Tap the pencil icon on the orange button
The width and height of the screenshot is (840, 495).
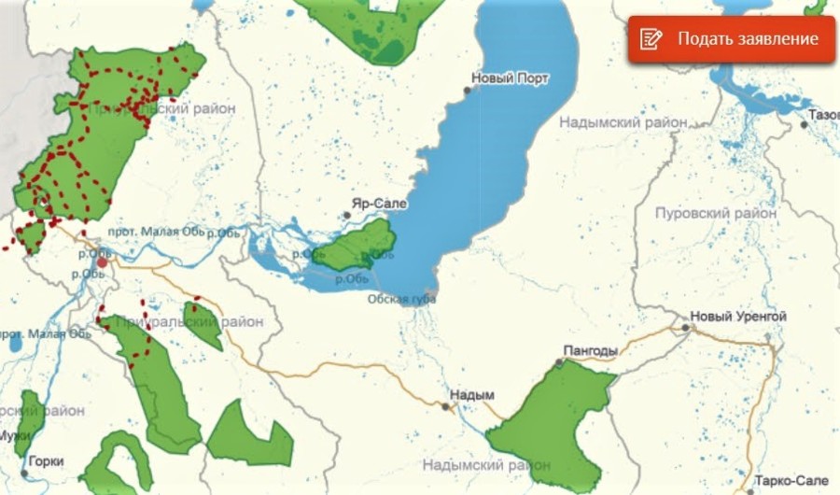tap(651, 39)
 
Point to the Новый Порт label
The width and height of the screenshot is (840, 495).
tap(511, 78)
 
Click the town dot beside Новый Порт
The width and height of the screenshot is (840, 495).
tap(469, 91)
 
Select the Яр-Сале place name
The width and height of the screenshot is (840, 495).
tap(373, 202)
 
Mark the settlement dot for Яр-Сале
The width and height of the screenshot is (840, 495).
tap(346, 215)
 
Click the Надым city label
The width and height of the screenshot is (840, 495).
tap(470, 395)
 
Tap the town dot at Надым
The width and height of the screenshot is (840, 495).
tap(444, 405)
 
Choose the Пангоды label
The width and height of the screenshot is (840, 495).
tap(591, 351)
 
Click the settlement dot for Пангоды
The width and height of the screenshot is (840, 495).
tap(560, 362)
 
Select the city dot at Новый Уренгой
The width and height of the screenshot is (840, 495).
tap(686, 328)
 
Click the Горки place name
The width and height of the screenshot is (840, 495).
tap(46, 460)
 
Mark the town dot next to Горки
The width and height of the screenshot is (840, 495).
tap(24, 474)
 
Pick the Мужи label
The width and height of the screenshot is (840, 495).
tap(14, 435)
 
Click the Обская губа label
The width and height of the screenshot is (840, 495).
tap(401, 299)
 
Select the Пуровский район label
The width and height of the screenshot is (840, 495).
tap(716, 212)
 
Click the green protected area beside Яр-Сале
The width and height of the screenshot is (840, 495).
tap(358, 245)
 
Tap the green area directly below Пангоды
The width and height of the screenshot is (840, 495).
tap(551, 420)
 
